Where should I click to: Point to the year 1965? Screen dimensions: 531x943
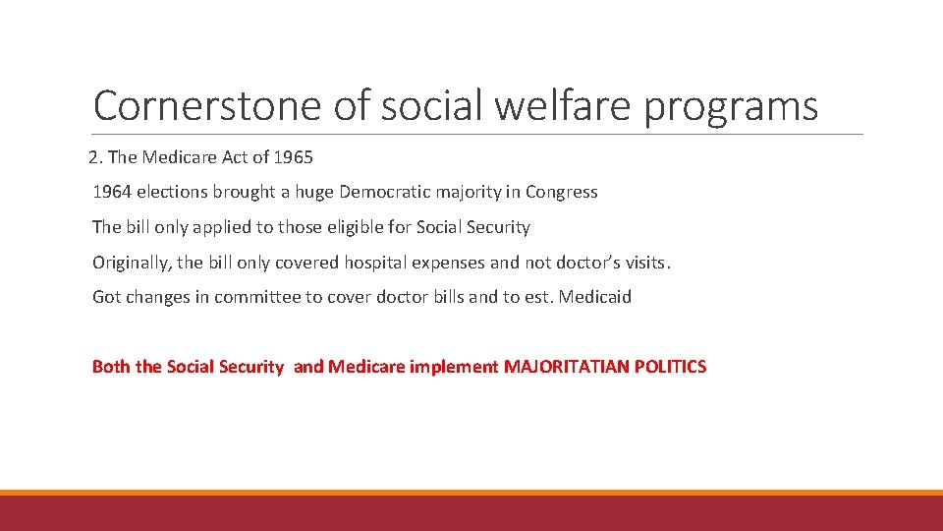tap(292, 157)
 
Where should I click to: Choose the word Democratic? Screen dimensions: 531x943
tap(385, 192)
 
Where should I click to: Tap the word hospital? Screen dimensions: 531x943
tap(353, 263)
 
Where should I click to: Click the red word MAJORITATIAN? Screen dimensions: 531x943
tap(565, 367)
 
